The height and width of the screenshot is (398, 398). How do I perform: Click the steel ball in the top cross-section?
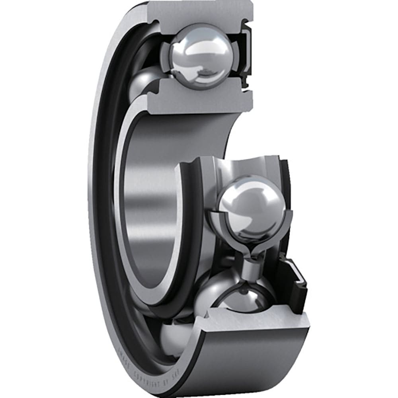[201, 56]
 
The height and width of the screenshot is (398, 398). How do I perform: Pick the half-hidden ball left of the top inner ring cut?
[145, 82]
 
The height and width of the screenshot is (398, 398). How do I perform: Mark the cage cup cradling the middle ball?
[223, 231]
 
